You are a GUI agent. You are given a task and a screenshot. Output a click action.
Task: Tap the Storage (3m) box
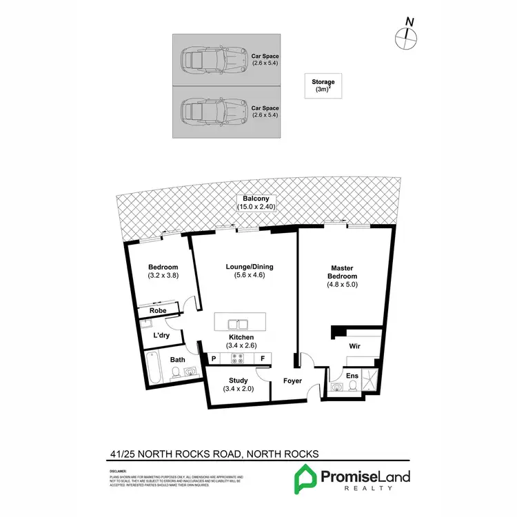click(321, 86)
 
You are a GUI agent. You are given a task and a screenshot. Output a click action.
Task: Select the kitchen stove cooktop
click(238, 358)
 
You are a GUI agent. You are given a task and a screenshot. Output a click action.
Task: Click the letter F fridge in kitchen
click(263, 358)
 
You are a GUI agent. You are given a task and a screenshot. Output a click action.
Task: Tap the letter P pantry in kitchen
click(214, 358)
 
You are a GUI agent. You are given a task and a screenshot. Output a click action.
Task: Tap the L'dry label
click(161, 335)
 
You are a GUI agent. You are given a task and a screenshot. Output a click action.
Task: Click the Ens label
click(352, 375)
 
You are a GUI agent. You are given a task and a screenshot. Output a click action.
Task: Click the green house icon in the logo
click(304, 478)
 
